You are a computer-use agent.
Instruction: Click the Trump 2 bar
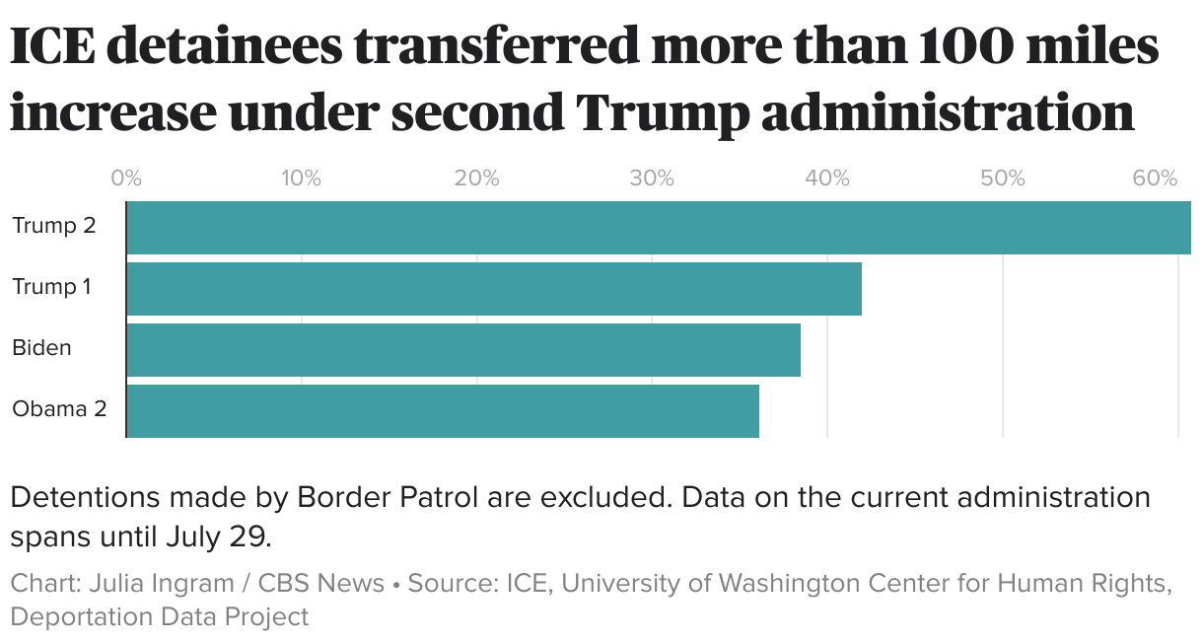coord(659,228)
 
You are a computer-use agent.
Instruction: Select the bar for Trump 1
coord(494,289)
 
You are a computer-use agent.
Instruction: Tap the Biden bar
coord(463,350)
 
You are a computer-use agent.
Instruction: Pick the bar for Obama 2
coord(443,411)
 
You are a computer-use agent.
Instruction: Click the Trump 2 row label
coord(54,226)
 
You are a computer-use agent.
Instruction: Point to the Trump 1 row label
coord(51,287)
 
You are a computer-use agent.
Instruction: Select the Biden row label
coord(41,348)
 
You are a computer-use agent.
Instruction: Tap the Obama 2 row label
coord(59,409)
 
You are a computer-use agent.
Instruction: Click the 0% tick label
coord(126,179)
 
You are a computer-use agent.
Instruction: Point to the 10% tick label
coord(301,179)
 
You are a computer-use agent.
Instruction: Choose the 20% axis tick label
coord(476,179)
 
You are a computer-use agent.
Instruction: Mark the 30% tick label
coord(652,179)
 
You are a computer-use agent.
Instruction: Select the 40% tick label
coord(827,179)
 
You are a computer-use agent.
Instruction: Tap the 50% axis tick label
coord(1003,179)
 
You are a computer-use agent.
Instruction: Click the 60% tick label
coord(1155,179)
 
